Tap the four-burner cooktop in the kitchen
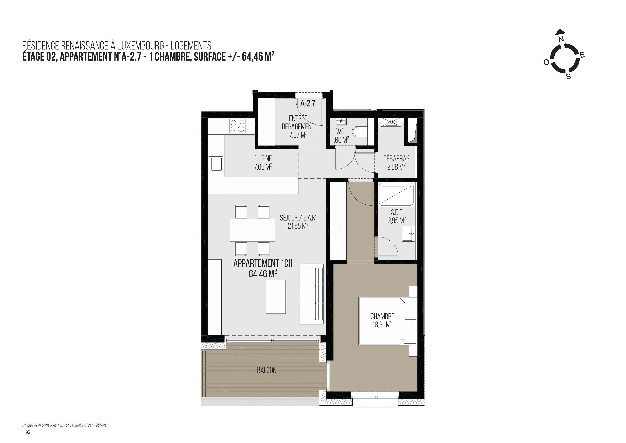coord(237,126)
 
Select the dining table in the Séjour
coord(252,230)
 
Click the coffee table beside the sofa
coord(276,297)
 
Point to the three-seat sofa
coord(312,294)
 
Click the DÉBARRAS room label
coord(396,158)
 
